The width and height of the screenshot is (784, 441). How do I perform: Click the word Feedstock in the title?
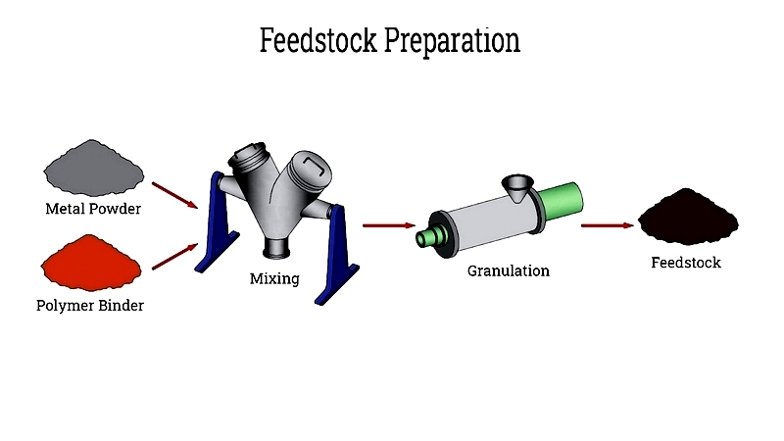(x=318, y=40)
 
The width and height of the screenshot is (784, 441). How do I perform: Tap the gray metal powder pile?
(x=93, y=168)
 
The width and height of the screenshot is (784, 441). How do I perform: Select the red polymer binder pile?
(x=91, y=263)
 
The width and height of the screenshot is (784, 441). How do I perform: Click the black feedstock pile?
(x=688, y=217)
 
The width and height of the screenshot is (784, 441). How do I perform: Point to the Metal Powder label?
(x=93, y=209)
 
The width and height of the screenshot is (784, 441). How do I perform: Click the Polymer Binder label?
(x=90, y=306)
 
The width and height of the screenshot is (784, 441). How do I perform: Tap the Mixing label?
(x=274, y=278)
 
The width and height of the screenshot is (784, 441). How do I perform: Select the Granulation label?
(x=509, y=271)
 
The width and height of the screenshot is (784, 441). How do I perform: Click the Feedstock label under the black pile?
(x=686, y=263)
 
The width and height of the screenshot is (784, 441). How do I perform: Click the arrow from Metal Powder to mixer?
(x=175, y=195)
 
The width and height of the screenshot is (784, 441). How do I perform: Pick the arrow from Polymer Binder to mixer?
(x=175, y=257)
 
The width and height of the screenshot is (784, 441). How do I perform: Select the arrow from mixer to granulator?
(x=389, y=225)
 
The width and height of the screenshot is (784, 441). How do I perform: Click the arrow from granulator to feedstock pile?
(x=608, y=225)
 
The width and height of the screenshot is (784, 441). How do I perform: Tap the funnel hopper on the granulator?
(x=517, y=187)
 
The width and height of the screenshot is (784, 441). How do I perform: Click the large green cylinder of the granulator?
(x=563, y=201)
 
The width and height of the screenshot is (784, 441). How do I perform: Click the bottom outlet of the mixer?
(x=277, y=248)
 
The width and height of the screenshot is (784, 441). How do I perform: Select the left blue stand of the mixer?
(x=216, y=222)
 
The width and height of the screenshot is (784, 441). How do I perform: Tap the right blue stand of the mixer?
(x=336, y=255)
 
